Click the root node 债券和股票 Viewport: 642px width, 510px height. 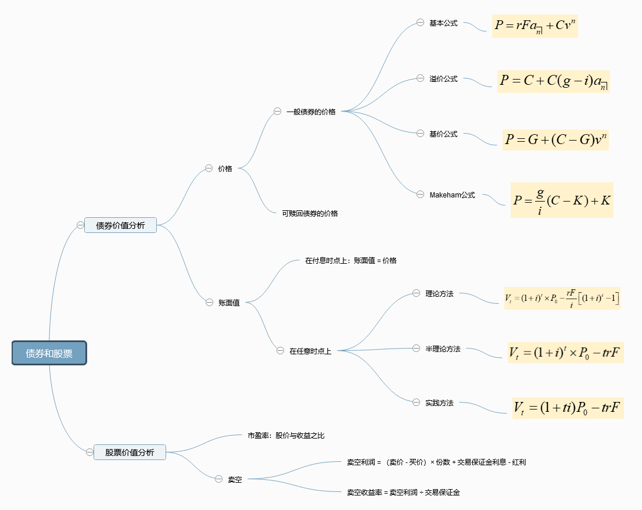(x=49, y=353)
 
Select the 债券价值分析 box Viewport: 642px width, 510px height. (x=120, y=225)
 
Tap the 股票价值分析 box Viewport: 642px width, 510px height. (x=130, y=452)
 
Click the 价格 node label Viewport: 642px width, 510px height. (x=225, y=168)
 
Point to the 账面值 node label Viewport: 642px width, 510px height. (x=229, y=303)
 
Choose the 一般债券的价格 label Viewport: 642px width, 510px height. (x=311, y=112)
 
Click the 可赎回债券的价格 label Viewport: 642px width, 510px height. (x=310, y=213)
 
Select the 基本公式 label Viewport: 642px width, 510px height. (x=443, y=23)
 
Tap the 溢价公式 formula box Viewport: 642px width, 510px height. (x=554, y=81)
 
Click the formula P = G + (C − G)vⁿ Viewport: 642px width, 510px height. (x=556, y=139)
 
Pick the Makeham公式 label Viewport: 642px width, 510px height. (x=452, y=195)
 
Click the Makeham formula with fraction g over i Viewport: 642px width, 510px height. (x=562, y=200)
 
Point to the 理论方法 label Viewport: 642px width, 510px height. (x=439, y=294)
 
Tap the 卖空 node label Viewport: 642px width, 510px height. (x=235, y=479)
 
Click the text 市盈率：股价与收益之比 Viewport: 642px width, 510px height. (x=290, y=435)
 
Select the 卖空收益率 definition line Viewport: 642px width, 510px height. (x=403, y=492)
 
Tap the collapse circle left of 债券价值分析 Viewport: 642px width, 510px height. (x=80, y=225)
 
